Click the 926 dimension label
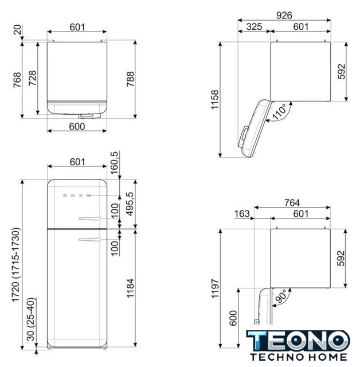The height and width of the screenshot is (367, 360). tap(284, 15)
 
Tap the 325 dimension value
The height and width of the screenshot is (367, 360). tap(254, 27)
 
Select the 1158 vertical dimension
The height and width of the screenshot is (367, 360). tap(215, 99)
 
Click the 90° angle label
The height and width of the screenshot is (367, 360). tap(280, 296)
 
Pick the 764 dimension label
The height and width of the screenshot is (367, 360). tap(292, 202)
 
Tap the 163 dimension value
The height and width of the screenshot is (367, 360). tap(242, 214)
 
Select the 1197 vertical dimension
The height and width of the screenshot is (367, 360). tap(215, 288)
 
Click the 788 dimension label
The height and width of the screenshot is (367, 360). tap(131, 79)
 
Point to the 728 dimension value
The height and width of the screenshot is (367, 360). tap(33, 78)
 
